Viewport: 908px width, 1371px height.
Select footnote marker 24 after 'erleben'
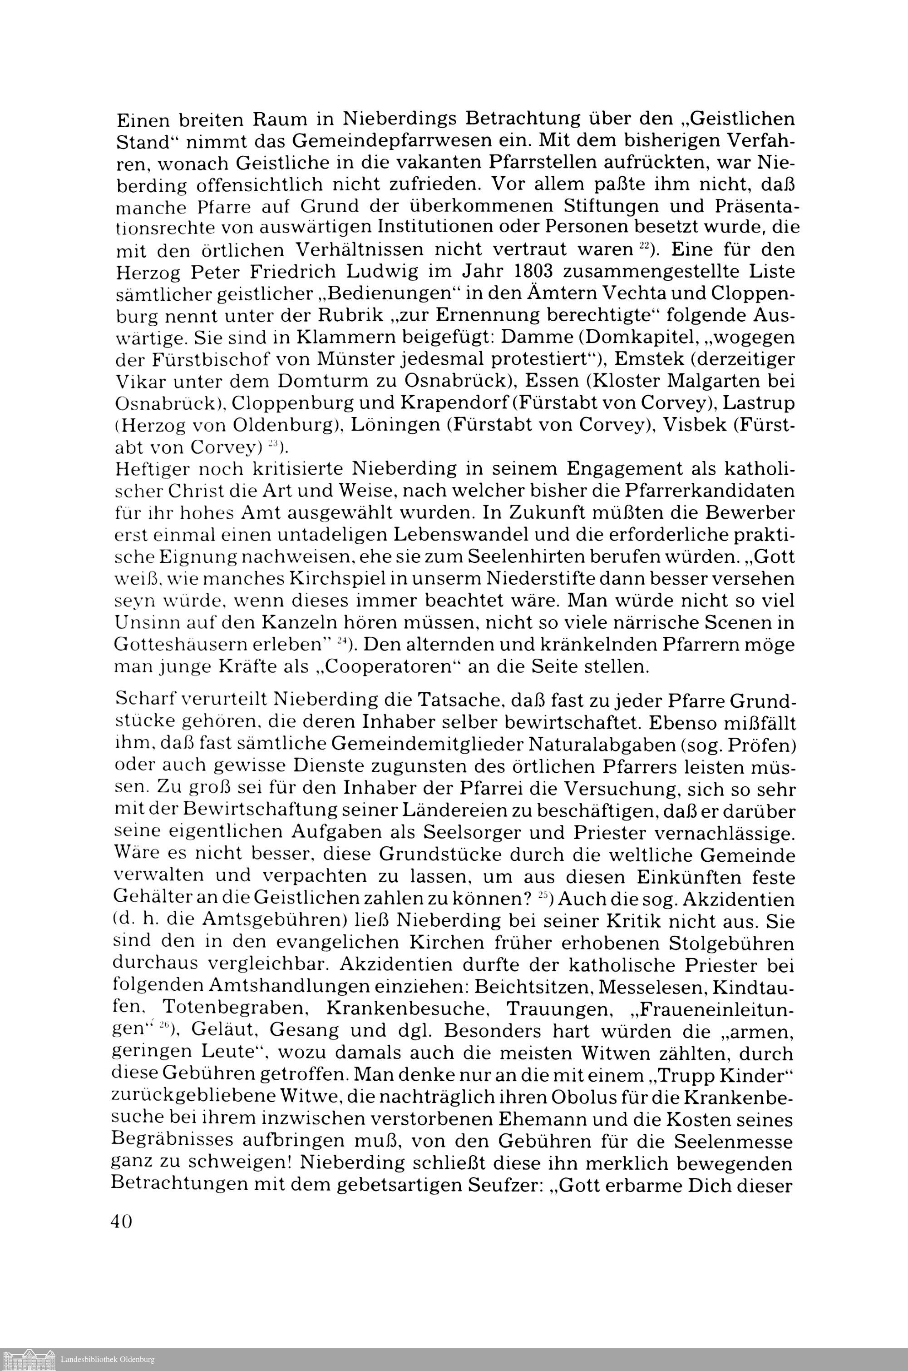pos(342,641)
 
